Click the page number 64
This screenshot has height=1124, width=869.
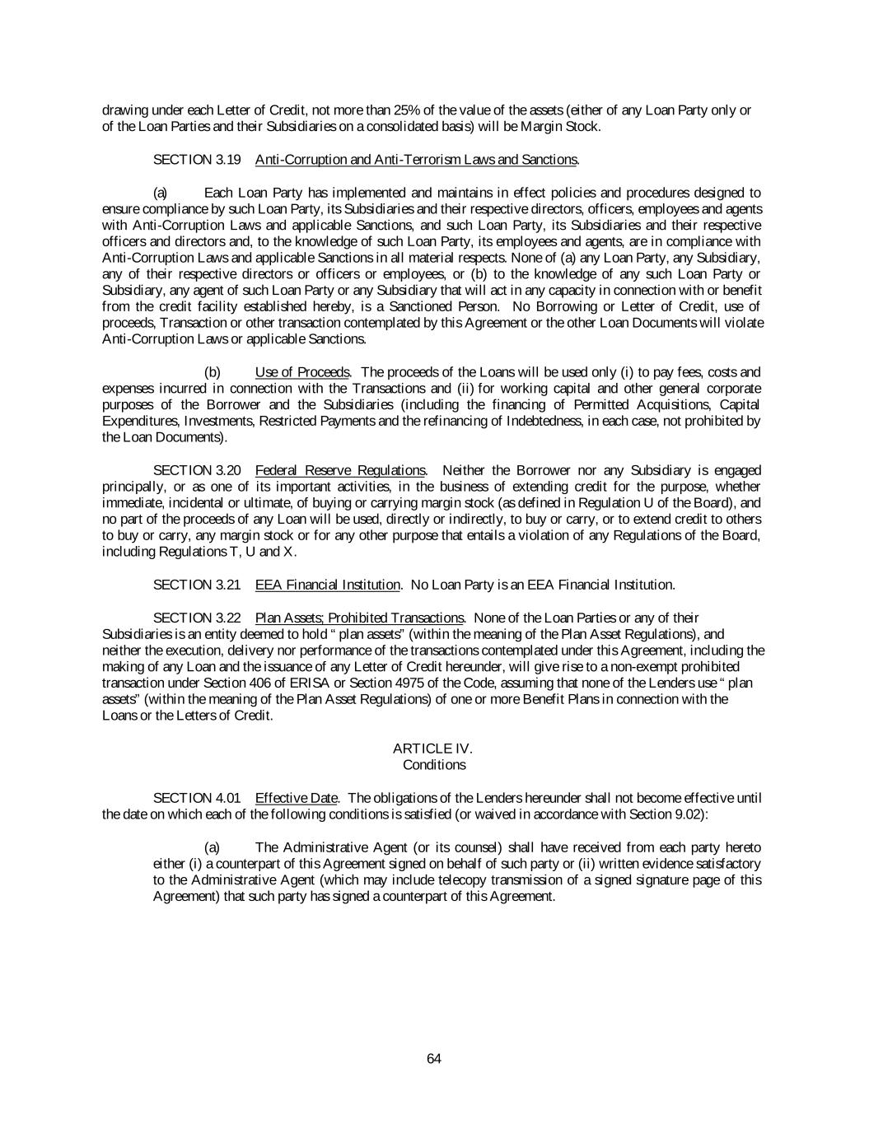434,1059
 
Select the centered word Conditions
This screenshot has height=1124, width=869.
434,765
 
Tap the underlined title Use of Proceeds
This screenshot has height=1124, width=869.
302,372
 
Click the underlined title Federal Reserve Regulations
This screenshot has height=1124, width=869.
340,470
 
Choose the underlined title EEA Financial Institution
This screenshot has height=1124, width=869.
327,585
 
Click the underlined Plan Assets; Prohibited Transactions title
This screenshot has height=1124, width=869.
360,618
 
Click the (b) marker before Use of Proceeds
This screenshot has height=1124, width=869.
213,372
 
